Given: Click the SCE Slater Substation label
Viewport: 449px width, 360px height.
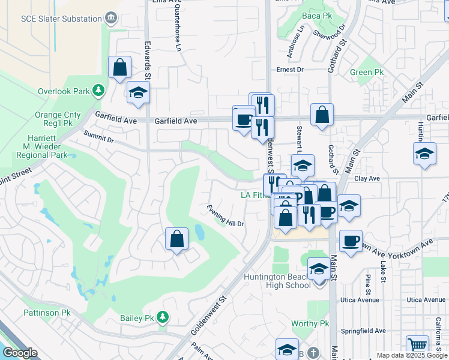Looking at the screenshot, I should tap(61, 19).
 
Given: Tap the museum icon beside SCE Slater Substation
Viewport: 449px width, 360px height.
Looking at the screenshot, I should tap(111, 19).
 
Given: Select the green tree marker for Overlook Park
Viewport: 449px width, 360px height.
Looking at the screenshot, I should tap(98, 91).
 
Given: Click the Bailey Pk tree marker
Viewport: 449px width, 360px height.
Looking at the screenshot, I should tap(163, 317).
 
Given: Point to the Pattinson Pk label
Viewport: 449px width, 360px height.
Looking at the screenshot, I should tap(47, 313).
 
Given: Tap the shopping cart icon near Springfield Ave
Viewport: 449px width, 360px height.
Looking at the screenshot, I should tap(417, 346).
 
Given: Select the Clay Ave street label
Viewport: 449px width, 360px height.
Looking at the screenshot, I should tap(367, 179).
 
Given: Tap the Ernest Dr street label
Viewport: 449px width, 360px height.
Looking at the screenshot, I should tap(290, 70).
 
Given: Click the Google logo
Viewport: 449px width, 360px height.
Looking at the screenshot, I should tap(20, 353).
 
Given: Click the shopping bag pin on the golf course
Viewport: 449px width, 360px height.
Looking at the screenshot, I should tap(177, 239).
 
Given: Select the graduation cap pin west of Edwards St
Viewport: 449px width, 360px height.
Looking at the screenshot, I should tap(138, 93).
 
